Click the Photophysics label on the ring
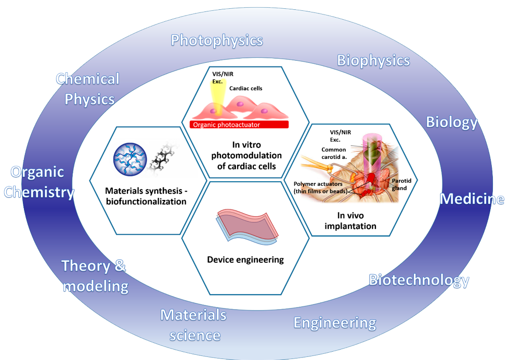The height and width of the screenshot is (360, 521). pyautogui.click(x=217, y=40)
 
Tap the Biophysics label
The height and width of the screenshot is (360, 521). pyautogui.click(x=373, y=60)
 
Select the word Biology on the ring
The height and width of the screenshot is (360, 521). pyautogui.click(x=451, y=122)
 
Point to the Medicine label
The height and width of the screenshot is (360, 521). pyautogui.click(x=472, y=199)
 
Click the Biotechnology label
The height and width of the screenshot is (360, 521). pyautogui.click(x=419, y=281)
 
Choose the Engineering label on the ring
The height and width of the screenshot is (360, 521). pyautogui.click(x=335, y=323)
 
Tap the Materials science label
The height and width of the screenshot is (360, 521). pyautogui.click(x=193, y=325)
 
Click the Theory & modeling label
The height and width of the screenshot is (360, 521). pyautogui.click(x=94, y=276)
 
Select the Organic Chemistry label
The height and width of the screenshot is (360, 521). pyautogui.click(x=39, y=182)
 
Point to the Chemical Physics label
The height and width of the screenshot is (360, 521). pyautogui.click(x=88, y=89)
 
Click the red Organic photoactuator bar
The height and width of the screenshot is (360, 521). pyautogui.click(x=240, y=124)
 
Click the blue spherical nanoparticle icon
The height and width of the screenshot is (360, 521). pyautogui.click(x=129, y=159)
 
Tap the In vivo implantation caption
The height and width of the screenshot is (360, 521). pyautogui.click(x=350, y=221)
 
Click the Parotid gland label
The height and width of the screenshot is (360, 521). pyautogui.click(x=401, y=184)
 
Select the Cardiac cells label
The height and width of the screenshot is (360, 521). pyautogui.click(x=245, y=88)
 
